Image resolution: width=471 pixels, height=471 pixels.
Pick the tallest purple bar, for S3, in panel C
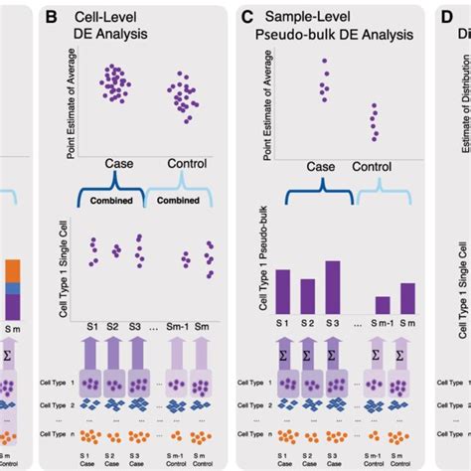tap(333, 286)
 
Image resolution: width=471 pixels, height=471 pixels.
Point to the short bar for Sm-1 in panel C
tap(383, 304)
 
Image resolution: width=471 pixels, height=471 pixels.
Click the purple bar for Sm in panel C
tap(407, 298)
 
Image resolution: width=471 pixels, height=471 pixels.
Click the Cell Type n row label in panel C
tap(256, 435)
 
